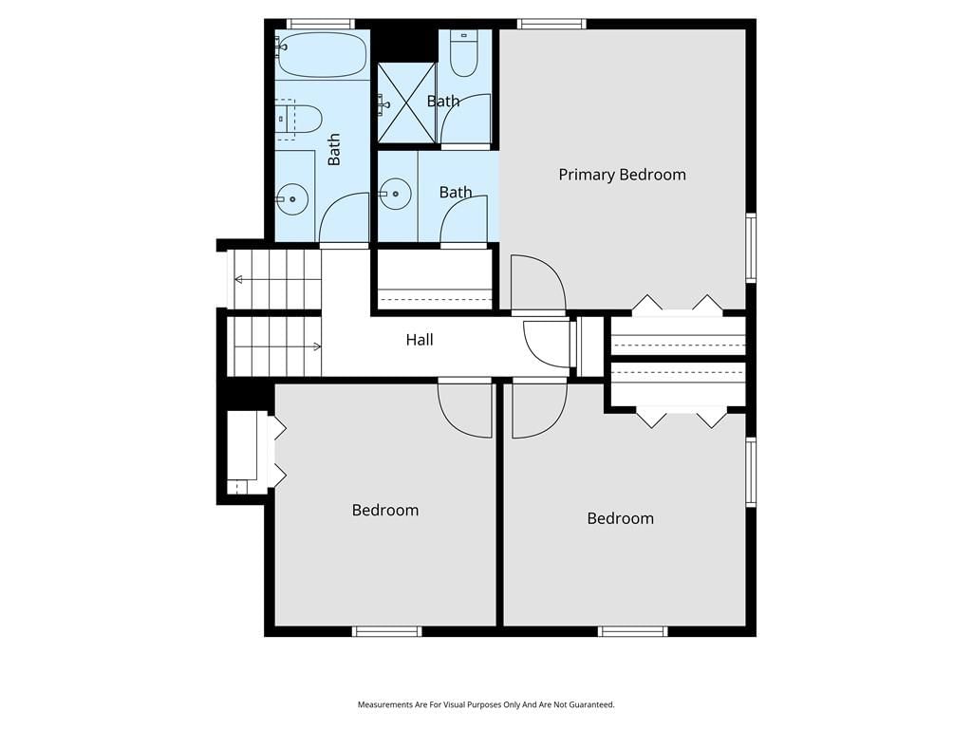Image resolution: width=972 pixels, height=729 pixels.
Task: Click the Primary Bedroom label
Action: pos(622,175)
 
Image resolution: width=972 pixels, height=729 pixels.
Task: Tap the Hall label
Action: pos(420,340)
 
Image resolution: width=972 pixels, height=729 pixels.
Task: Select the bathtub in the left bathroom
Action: pos(322,54)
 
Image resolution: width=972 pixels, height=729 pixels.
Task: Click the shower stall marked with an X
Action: pos(406,103)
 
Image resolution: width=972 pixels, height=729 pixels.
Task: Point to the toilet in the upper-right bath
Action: pos(462,53)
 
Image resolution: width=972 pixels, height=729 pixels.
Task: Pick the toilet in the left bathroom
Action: pos(299,119)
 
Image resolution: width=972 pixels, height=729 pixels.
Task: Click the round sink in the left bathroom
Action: pos(291,198)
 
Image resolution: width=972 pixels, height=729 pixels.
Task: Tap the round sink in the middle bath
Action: pos(395,194)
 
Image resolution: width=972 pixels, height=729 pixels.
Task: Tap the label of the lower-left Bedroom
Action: pos(385,510)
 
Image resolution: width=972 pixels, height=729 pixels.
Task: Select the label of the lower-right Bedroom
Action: pos(620,518)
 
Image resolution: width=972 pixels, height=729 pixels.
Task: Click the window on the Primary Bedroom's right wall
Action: pos(752,248)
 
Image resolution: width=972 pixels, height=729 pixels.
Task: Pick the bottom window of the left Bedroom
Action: pos(387,631)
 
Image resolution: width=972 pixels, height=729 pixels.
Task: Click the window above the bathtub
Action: pos(321,24)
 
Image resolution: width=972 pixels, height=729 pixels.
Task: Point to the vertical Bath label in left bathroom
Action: pos(334,149)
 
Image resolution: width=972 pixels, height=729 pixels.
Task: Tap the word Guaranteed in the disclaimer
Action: pos(594,705)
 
